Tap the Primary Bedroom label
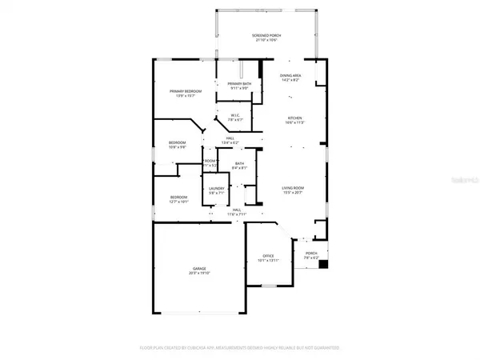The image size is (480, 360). coord(185,92)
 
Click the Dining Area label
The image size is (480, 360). coord(290,75)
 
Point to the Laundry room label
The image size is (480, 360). coord(217,188)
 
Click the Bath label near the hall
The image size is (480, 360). coord(240,164)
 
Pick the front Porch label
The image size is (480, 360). coord(311,254)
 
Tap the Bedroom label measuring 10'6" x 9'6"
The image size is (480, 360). coord(177,142)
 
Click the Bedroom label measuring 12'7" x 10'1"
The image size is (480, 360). coord(178,197)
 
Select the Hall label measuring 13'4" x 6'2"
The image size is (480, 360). coord(230,139)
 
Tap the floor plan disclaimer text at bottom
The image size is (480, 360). coord(240,348)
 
